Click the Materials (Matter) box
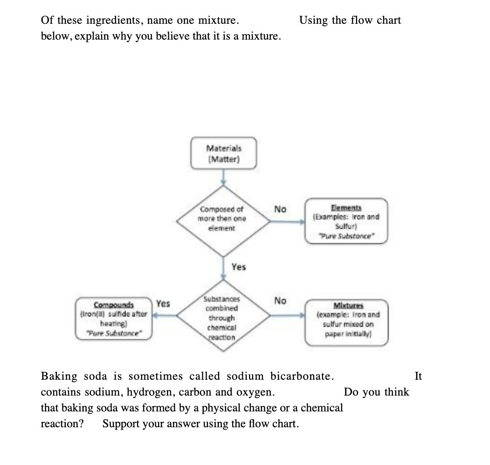click(x=224, y=153)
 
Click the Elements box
click(x=346, y=221)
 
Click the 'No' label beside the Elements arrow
click(x=280, y=209)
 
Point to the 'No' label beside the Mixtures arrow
click(x=280, y=301)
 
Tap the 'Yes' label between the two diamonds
click(x=239, y=267)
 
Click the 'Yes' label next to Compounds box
click(x=163, y=304)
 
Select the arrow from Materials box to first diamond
click(x=224, y=178)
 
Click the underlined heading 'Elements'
click(x=346, y=208)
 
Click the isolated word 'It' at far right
click(x=418, y=376)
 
